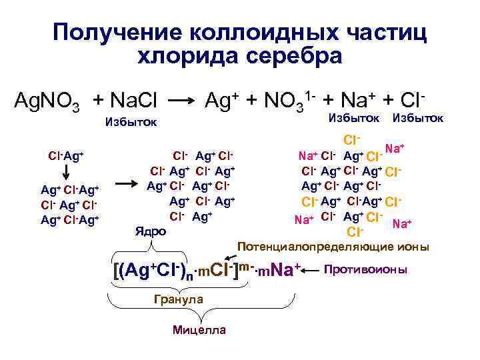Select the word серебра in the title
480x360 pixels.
click(x=293, y=57)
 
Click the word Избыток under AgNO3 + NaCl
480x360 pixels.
click(x=131, y=122)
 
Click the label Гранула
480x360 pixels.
click(x=178, y=300)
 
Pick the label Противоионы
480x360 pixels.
click(x=366, y=270)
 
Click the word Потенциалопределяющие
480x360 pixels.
click(x=313, y=247)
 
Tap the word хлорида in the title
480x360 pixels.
click(x=188, y=57)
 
